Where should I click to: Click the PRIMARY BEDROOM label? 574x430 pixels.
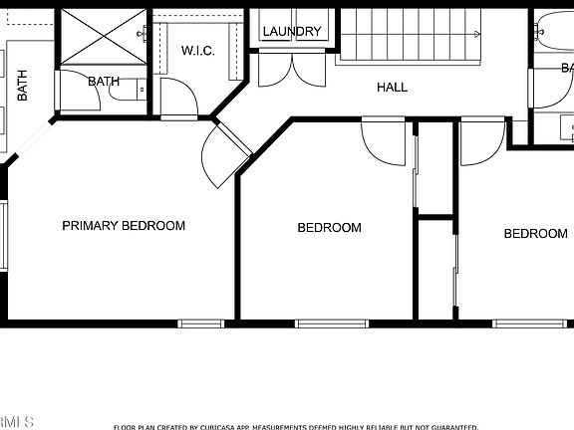(124, 226)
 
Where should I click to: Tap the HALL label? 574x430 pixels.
(392, 88)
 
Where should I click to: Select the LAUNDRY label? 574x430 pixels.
(292, 32)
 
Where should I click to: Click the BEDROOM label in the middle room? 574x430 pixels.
(329, 228)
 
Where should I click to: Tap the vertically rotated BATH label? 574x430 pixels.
(22, 85)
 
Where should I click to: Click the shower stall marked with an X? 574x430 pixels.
(104, 36)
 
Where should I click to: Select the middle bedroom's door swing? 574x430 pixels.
(383, 139)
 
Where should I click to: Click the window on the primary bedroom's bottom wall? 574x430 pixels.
(201, 322)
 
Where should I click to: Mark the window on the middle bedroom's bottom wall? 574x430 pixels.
(332, 322)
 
